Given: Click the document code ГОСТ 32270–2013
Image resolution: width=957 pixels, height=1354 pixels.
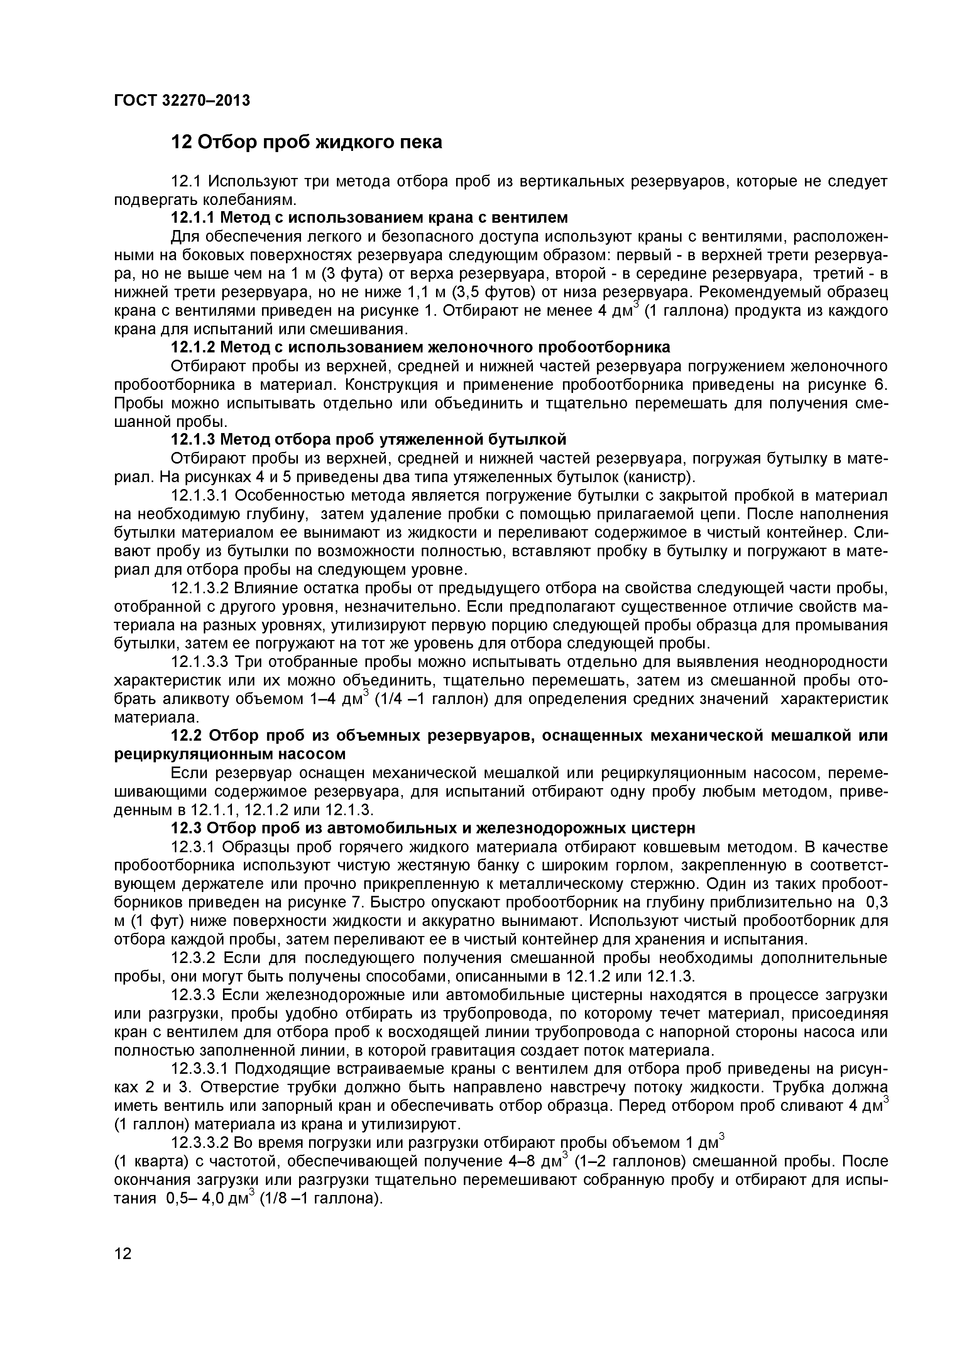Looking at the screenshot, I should [182, 100].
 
